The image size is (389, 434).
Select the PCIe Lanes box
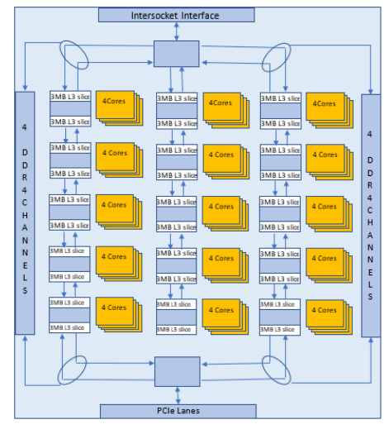178,411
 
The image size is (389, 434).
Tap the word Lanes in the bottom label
190,411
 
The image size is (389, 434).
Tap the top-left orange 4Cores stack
115,107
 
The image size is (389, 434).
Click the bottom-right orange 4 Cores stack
324,312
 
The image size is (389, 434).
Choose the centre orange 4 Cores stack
220,209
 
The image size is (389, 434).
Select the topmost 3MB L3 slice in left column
70,98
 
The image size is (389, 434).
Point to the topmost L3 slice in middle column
177,98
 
